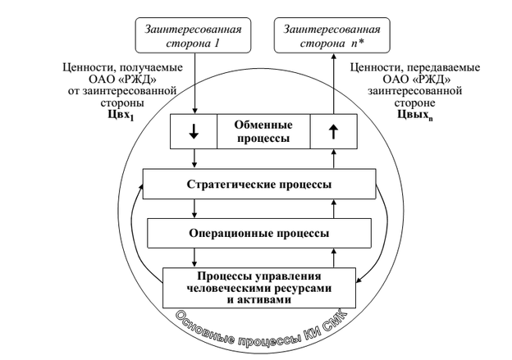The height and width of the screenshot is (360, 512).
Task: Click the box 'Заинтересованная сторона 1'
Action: [x=194, y=31]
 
